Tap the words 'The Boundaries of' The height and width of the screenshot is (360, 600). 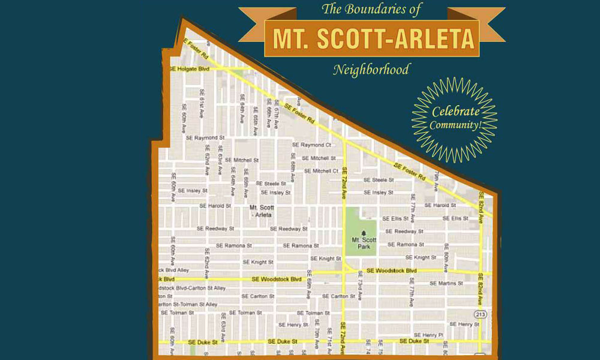372,9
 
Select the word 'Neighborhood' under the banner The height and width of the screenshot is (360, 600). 371,70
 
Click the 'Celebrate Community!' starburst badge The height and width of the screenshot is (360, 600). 454,119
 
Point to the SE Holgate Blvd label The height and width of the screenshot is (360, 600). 190,69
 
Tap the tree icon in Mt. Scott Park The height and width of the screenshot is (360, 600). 363,231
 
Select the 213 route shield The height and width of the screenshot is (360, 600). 480,314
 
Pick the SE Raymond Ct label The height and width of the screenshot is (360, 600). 311,145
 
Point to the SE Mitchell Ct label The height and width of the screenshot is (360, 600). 320,171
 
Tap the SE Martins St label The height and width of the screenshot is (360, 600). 447,283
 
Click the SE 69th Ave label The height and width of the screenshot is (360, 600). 308,289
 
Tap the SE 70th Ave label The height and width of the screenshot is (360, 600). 316,329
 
